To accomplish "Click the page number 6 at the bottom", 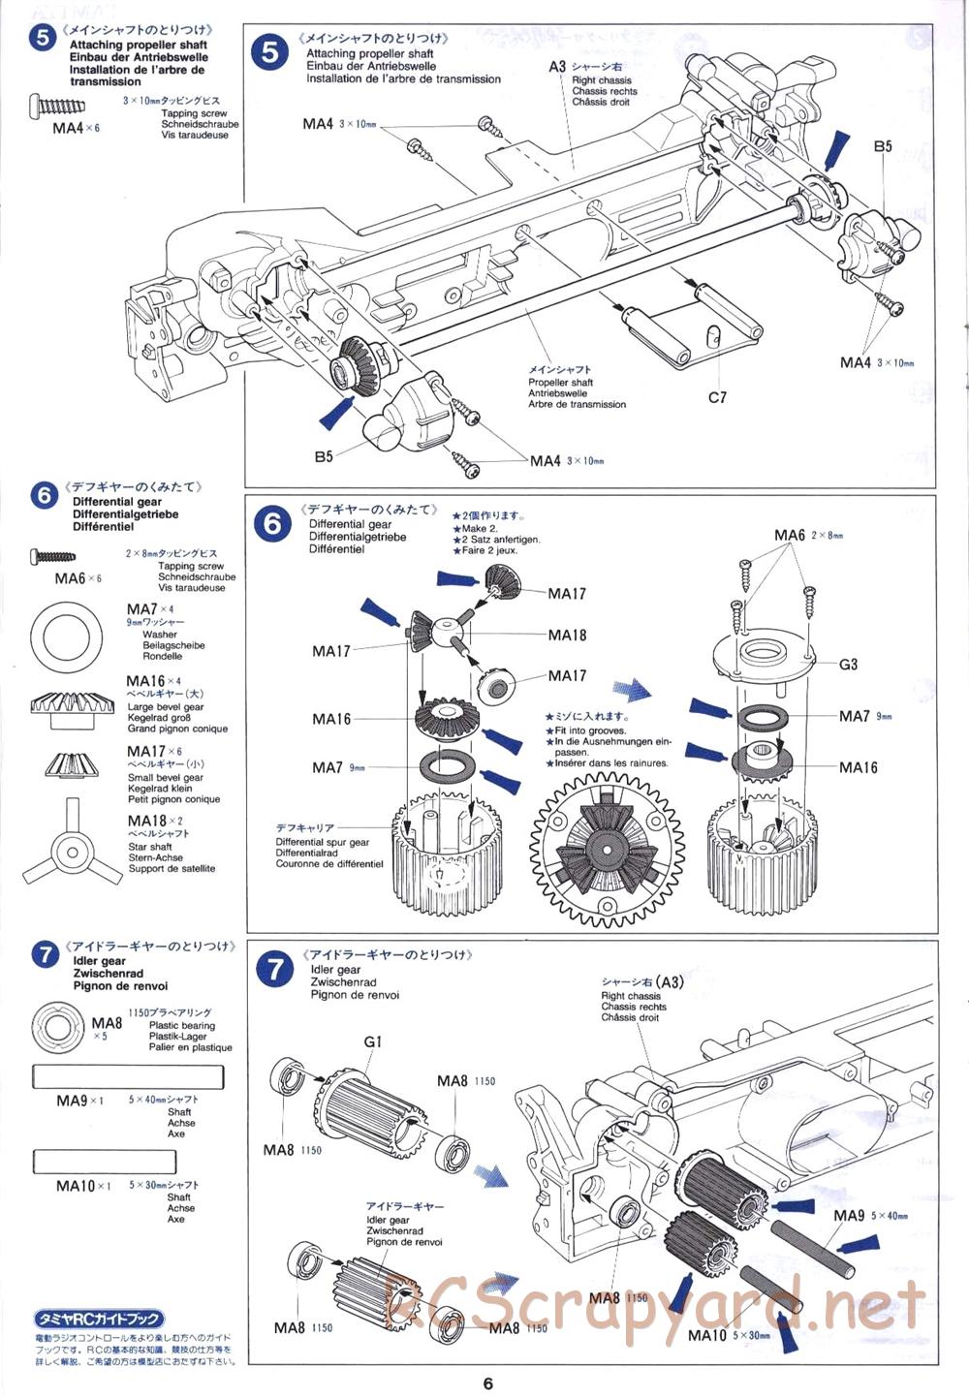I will tap(488, 1382).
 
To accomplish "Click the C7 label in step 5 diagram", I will tap(717, 397).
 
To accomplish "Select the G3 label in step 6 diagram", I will tap(848, 665).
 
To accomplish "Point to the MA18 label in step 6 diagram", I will tap(567, 636).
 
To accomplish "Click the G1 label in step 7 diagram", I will tap(373, 1041).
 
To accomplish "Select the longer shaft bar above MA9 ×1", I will tap(128, 1076).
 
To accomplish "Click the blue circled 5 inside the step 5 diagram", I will tap(270, 51).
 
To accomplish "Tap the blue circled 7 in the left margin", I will tap(45, 955).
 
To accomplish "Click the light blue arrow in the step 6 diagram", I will tap(635, 690).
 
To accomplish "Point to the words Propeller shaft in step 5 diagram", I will tap(560, 383).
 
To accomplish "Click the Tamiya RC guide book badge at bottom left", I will tap(99, 1320).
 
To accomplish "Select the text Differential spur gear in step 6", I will tap(322, 842).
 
